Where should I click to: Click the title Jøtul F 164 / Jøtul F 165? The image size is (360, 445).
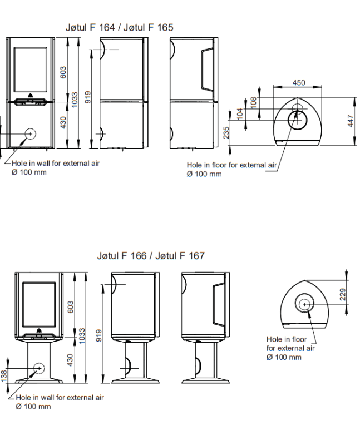pyautogui.click(x=119, y=27)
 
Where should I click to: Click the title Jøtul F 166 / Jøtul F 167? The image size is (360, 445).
pyautogui.click(x=151, y=256)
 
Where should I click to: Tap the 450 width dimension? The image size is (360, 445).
pyautogui.click(x=299, y=82)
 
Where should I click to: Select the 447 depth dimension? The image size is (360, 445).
pyautogui.click(x=351, y=121)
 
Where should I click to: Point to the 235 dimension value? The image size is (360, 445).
pyautogui.click(x=226, y=133)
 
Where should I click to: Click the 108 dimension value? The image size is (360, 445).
pyautogui.click(x=253, y=103)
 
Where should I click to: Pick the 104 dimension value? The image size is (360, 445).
pyautogui.click(x=240, y=114)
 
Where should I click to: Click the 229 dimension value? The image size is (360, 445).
pyautogui.click(x=343, y=295)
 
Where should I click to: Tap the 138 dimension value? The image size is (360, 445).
pyautogui.click(x=4, y=376)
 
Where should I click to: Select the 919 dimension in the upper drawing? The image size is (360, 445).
pyautogui.click(x=88, y=97)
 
